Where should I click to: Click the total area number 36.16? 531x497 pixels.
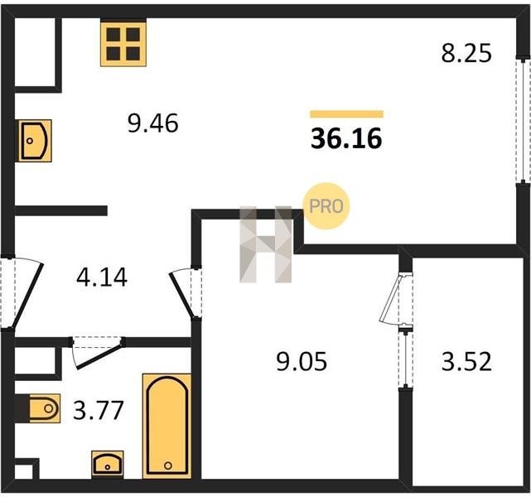346,138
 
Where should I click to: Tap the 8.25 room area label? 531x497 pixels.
466,54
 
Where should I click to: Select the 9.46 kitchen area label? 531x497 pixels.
152,123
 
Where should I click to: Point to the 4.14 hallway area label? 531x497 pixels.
102,277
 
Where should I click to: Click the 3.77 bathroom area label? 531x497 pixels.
99,410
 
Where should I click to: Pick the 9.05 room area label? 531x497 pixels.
302,361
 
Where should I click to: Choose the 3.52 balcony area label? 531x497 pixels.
466,361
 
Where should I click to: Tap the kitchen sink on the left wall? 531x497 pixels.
35,141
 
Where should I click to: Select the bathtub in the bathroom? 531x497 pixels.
167,426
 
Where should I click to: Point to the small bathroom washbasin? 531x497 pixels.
108,465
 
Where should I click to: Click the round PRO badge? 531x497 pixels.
326,206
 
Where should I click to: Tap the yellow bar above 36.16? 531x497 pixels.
347,114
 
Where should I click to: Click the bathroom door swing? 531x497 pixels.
99,352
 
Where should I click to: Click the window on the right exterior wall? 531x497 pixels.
524,121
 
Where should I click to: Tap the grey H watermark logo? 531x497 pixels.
265,244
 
